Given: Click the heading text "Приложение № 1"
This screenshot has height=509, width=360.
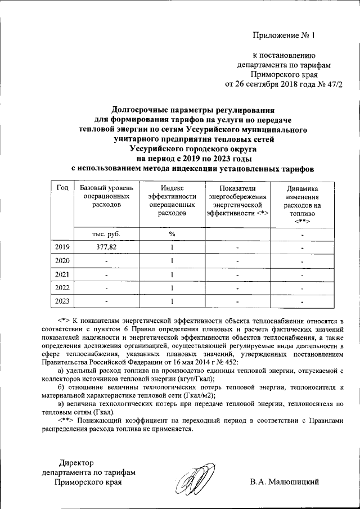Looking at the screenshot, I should pos(285,35).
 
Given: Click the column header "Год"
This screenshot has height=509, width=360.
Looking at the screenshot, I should pos(62,187).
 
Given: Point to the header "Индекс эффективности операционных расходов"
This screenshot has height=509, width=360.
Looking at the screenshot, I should pos(172,200).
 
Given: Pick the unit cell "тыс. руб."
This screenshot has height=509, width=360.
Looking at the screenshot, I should pos(106,233).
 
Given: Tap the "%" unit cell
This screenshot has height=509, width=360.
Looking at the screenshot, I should pos(172,233).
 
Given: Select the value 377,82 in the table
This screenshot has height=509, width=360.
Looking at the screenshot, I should pos(106,247).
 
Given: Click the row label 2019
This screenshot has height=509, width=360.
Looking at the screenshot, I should pos(62,247).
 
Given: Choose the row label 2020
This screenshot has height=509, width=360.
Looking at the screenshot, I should pos(62,261).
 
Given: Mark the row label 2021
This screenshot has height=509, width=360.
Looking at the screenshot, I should pos(62,275).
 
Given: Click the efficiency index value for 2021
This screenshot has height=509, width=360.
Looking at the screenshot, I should pos(172,275).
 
